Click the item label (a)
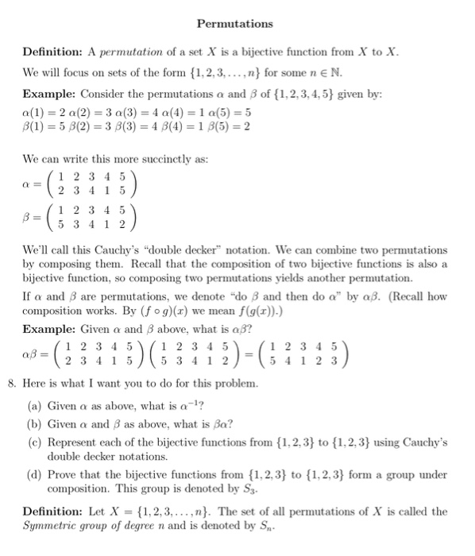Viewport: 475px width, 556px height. [x=36, y=405]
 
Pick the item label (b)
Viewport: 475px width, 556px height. [x=36, y=423]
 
